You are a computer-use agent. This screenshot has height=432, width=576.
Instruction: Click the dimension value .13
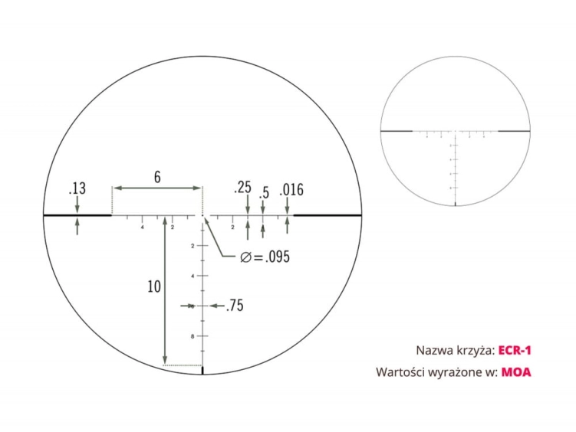(x=77, y=188)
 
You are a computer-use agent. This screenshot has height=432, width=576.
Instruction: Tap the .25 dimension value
(x=245, y=188)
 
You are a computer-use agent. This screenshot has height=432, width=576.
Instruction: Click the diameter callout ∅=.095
(x=263, y=257)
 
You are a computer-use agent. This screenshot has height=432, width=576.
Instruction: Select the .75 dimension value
(x=235, y=306)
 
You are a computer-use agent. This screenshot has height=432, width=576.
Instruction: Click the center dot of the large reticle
(x=203, y=217)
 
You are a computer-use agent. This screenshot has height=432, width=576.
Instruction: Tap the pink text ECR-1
(x=514, y=350)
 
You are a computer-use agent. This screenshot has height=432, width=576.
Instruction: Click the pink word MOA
(x=516, y=373)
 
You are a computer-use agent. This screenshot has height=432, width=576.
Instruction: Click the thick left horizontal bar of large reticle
(x=77, y=216)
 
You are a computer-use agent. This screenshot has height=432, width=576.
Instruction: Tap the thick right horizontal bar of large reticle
(x=327, y=216)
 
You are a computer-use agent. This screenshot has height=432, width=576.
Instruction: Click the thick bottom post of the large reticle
(x=203, y=371)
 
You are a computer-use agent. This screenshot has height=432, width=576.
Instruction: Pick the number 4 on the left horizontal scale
(x=143, y=227)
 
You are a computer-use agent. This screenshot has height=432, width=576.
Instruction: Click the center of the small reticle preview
(x=456, y=131)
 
